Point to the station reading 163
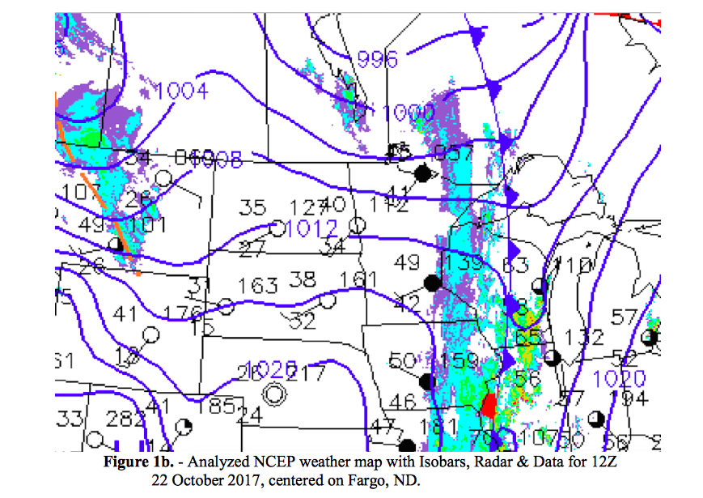point(258,286)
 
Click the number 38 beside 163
point(302,279)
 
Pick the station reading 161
point(358,280)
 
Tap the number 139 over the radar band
point(463,263)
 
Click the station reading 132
point(583,337)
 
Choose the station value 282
point(125,419)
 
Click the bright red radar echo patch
point(489,403)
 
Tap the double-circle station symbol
point(276,394)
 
